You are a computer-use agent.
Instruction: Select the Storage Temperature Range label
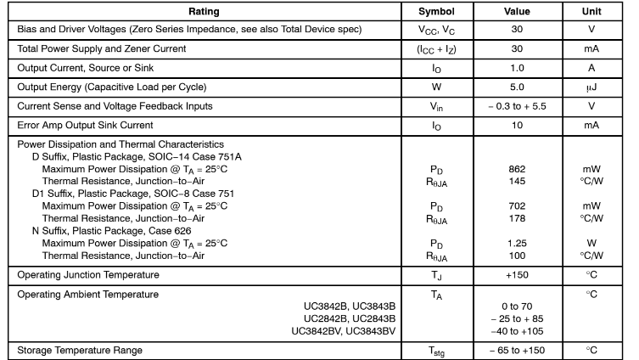77,350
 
